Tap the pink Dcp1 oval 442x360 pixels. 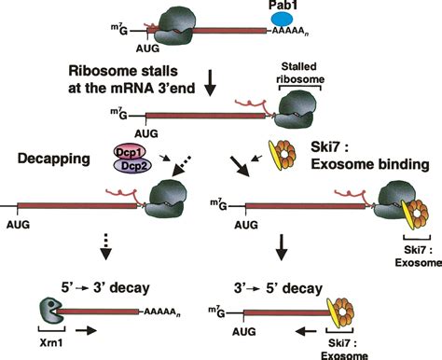(x=134, y=148)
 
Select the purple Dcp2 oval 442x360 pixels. (x=134, y=163)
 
